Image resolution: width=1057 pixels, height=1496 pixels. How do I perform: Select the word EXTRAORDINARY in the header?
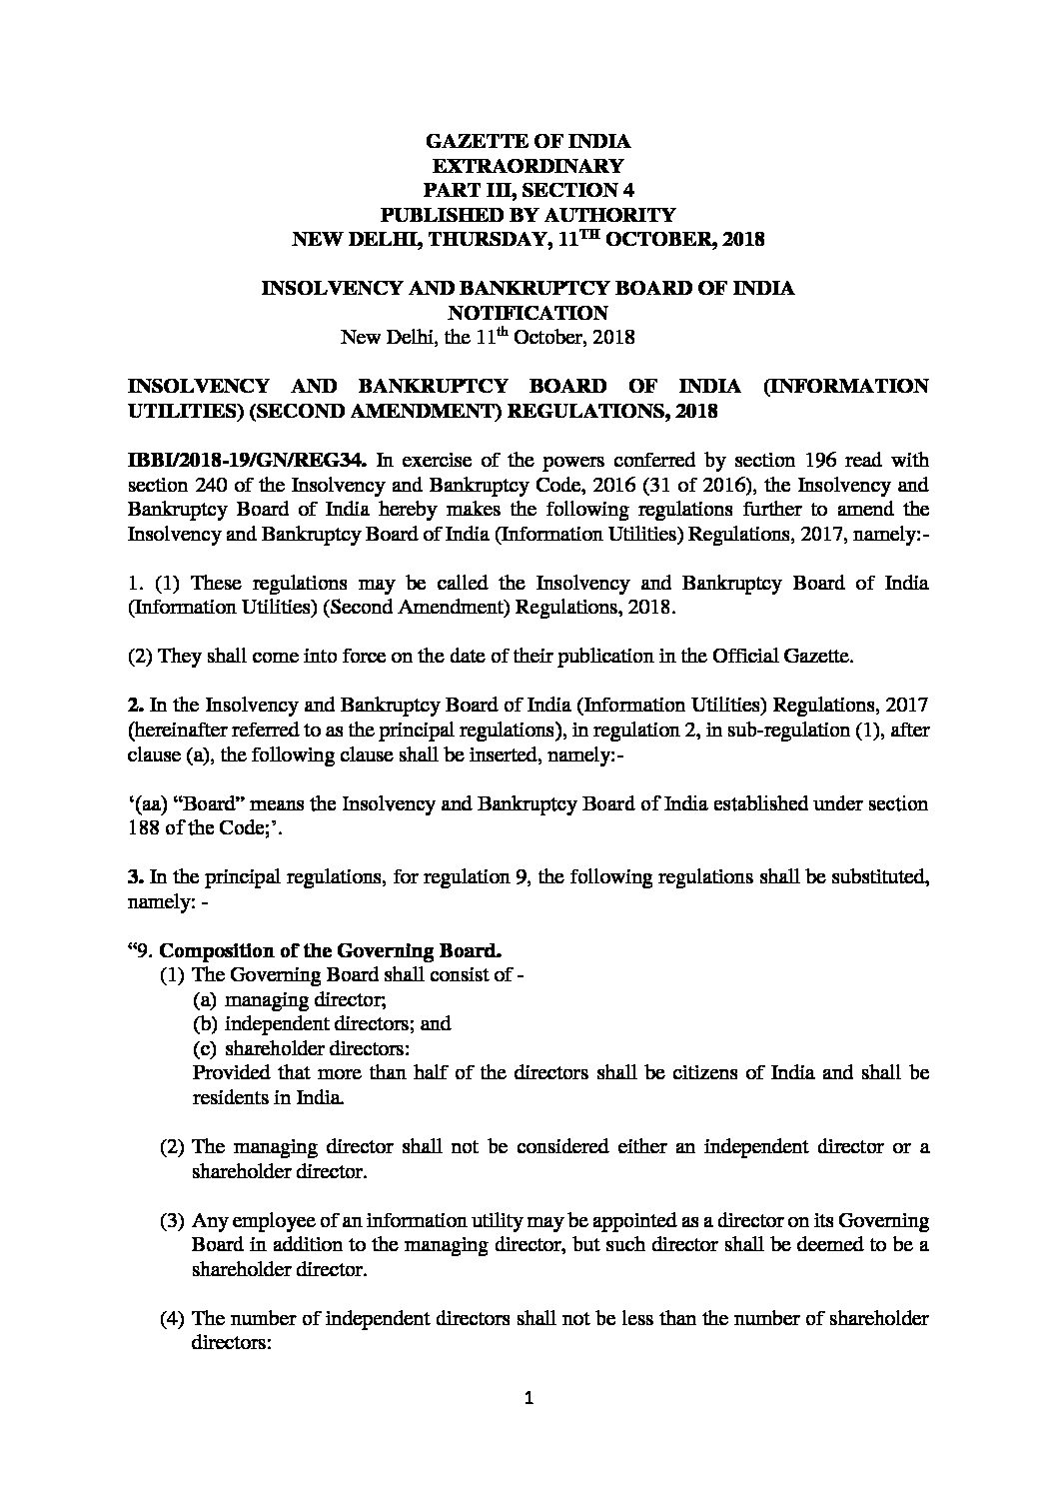[x=527, y=166]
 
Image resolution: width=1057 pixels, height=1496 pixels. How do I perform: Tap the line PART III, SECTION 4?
[x=527, y=190]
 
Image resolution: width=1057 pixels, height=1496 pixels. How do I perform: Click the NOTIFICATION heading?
[x=527, y=313]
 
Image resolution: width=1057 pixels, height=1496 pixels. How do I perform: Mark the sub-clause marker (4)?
[x=172, y=1319]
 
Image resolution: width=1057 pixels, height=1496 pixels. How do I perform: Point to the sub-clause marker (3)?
[x=172, y=1221]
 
